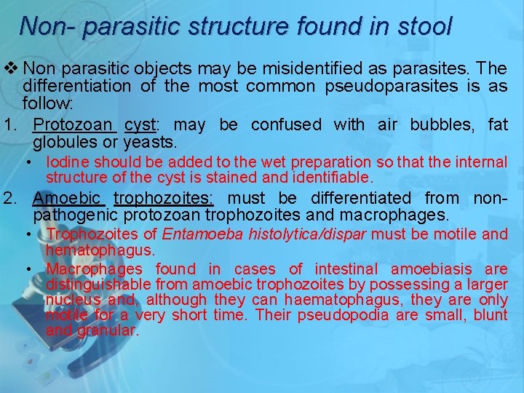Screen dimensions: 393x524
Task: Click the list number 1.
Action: tap(9, 125)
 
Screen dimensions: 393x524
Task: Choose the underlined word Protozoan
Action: tap(74, 125)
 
